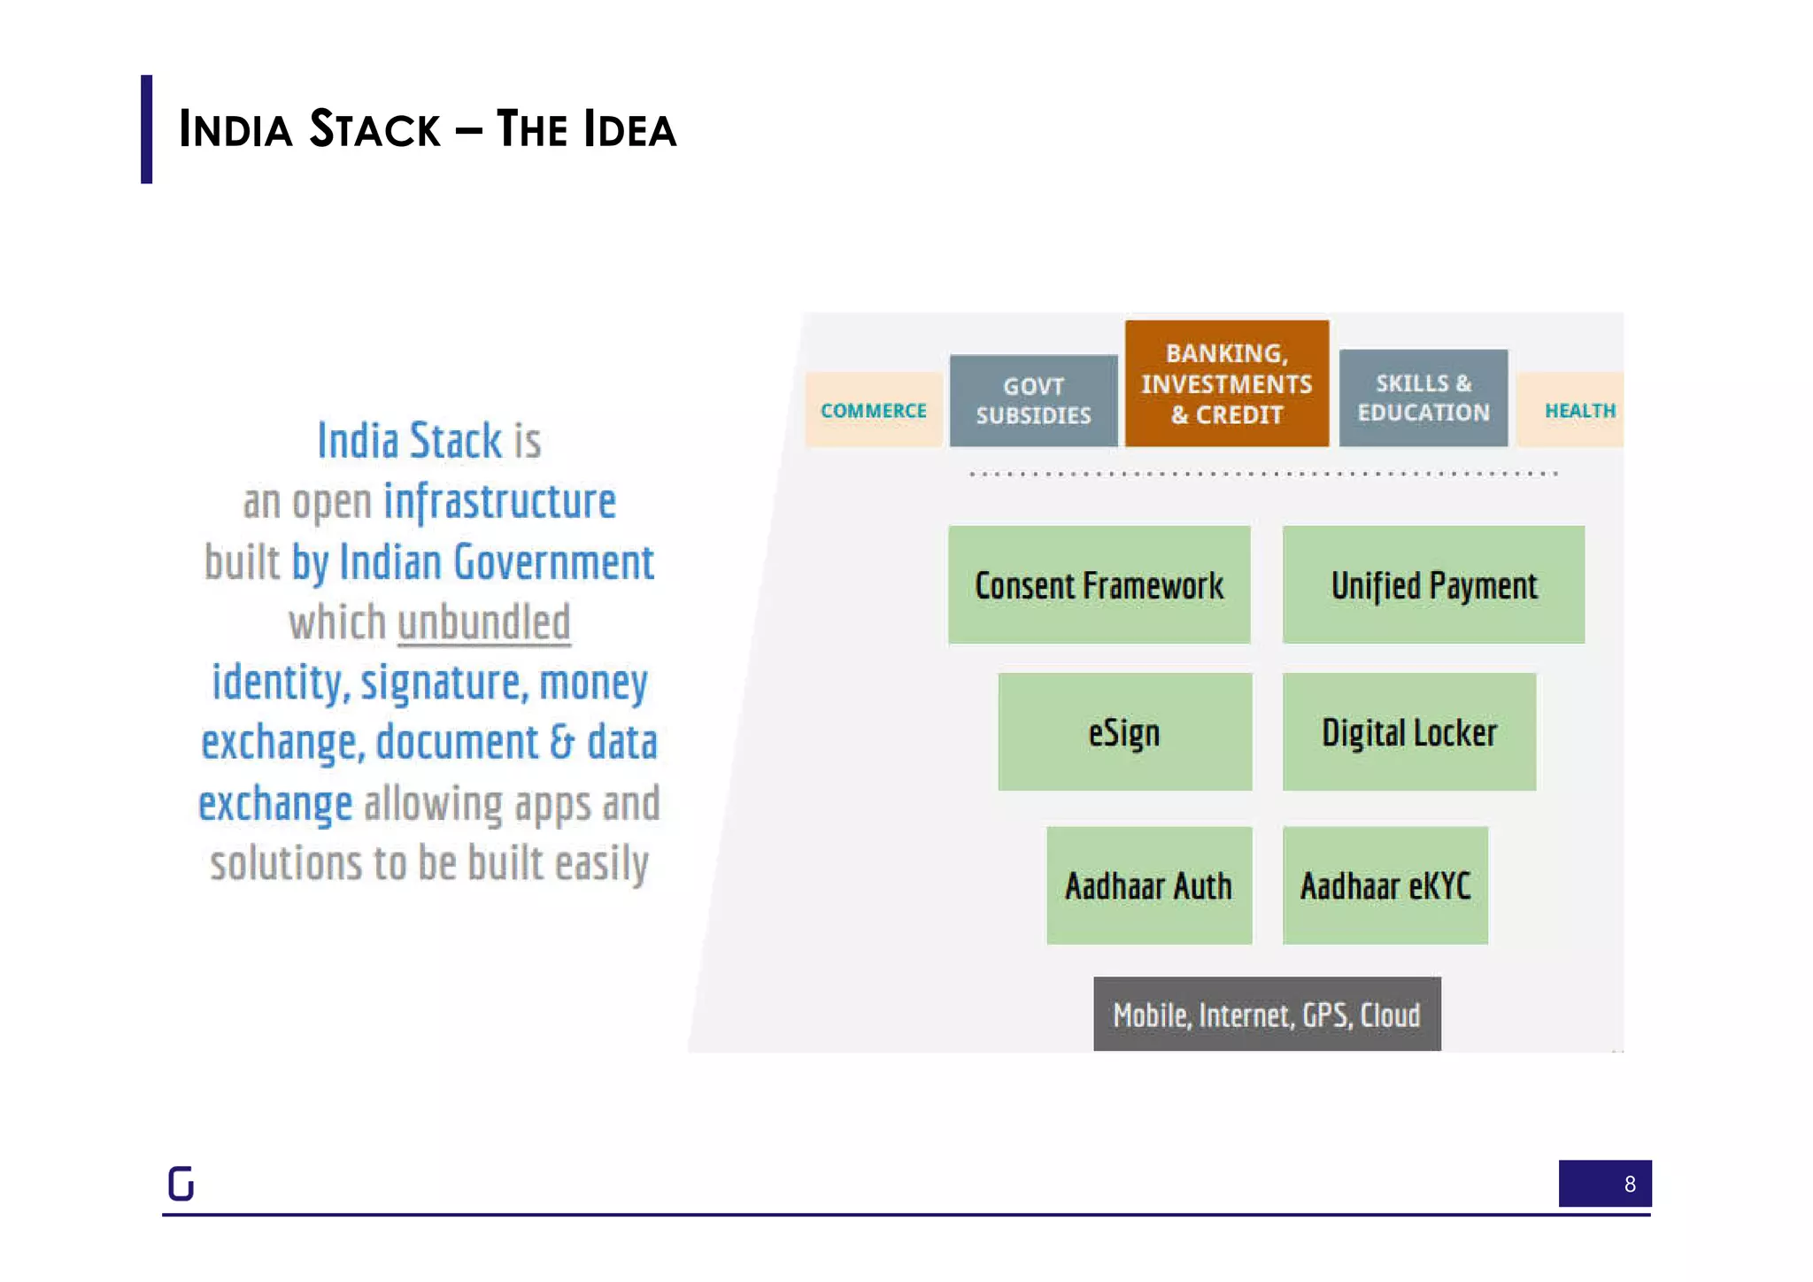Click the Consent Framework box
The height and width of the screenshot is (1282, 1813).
pyautogui.click(x=1099, y=584)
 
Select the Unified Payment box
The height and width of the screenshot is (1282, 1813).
pyautogui.click(x=1433, y=584)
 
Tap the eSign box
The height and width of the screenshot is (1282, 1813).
pyautogui.click(x=1124, y=731)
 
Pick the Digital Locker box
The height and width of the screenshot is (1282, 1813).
pyautogui.click(x=1408, y=731)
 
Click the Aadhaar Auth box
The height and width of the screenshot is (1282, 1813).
pyautogui.click(x=1148, y=885)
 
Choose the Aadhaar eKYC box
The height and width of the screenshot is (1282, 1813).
pyautogui.click(x=1385, y=885)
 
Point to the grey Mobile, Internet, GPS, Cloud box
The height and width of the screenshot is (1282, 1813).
pyautogui.click(x=1266, y=1014)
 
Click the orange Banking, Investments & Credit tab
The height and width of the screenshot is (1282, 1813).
pyautogui.click(x=1226, y=383)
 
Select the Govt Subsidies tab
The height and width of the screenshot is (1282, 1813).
pyautogui.click(x=1033, y=400)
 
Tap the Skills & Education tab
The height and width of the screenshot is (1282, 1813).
pyautogui.click(x=1423, y=398)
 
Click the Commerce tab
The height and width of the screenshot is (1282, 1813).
pyautogui.click(x=873, y=410)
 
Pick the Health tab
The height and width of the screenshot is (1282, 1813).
pyautogui.click(x=1578, y=410)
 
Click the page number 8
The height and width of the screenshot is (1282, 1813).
pyautogui.click(x=1629, y=1184)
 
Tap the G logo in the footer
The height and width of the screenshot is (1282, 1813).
pyautogui.click(x=181, y=1183)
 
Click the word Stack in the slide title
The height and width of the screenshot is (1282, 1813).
pyautogui.click(x=374, y=129)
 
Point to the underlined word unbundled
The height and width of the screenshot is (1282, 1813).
pyautogui.click(x=483, y=622)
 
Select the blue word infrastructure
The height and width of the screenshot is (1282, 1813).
pyautogui.click(x=499, y=501)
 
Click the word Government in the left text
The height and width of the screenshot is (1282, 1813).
pyautogui.click(x=553, y=562)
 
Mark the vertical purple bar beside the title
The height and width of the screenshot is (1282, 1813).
pyautogui.click(x=146, y=129)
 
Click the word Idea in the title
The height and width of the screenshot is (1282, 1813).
pyautogui.click(x=629, y=129)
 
